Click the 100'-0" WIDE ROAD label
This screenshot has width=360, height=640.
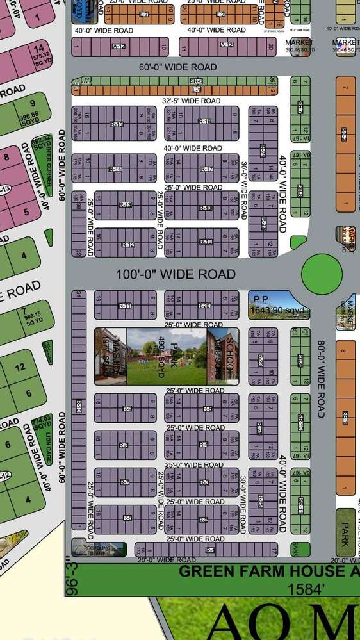176,274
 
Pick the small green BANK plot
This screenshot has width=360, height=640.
295,548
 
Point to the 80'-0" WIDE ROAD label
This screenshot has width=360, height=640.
320,378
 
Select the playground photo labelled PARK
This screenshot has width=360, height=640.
167,356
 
